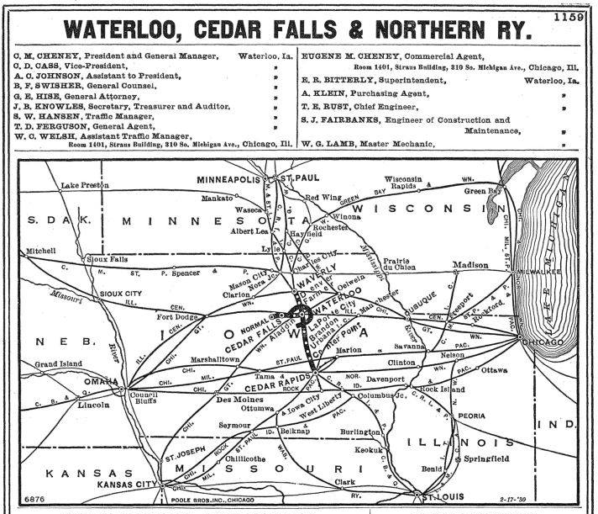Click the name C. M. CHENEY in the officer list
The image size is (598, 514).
(46, 57)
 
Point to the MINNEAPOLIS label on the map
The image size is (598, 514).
(229, 179)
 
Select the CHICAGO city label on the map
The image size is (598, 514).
(545, 343)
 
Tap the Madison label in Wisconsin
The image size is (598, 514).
(470, 266)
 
